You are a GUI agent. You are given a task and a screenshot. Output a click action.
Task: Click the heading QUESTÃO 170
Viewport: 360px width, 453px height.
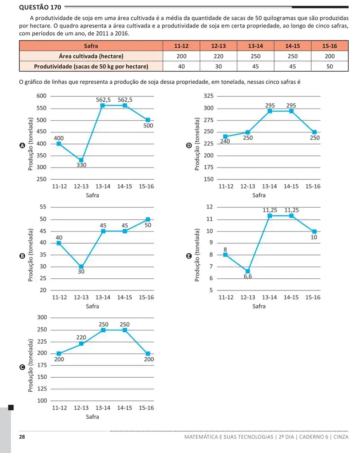40,7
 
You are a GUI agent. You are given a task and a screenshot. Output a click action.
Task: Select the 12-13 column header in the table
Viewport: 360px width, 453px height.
218,46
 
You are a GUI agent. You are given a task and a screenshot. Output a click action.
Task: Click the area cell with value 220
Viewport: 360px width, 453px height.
218,56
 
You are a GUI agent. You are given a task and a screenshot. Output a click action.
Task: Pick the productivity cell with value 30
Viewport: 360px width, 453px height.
218,67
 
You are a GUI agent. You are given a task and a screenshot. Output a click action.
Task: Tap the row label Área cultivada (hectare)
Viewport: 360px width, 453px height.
91,56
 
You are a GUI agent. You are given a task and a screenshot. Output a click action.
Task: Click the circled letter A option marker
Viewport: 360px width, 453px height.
22,145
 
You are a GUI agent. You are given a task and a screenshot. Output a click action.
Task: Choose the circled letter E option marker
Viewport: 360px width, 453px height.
189,256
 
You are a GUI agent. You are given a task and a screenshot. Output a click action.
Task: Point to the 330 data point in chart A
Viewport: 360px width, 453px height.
81,160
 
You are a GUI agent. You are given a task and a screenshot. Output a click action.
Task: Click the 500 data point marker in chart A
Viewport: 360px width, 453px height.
148,120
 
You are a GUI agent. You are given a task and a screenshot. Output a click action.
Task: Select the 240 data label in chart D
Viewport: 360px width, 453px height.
225,141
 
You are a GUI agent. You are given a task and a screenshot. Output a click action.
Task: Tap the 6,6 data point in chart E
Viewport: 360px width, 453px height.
247,271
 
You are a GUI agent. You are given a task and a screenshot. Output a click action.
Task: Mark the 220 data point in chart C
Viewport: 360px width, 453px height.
81,344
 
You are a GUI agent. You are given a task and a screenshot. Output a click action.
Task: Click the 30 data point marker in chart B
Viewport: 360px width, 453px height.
81,267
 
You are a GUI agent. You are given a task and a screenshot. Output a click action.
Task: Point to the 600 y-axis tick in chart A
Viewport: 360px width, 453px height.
41,96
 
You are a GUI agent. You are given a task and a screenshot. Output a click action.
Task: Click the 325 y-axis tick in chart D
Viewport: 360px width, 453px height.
208,96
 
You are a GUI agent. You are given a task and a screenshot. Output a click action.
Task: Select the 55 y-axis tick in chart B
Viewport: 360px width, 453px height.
43,207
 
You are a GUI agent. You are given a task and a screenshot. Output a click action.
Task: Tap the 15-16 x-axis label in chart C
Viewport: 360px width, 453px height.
146,408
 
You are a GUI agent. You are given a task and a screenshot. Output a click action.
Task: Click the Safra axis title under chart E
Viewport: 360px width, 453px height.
259,306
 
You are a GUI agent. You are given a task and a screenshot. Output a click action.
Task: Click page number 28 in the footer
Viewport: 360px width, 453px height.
22,437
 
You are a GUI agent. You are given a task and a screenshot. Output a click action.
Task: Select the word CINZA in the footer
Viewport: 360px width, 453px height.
341,437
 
